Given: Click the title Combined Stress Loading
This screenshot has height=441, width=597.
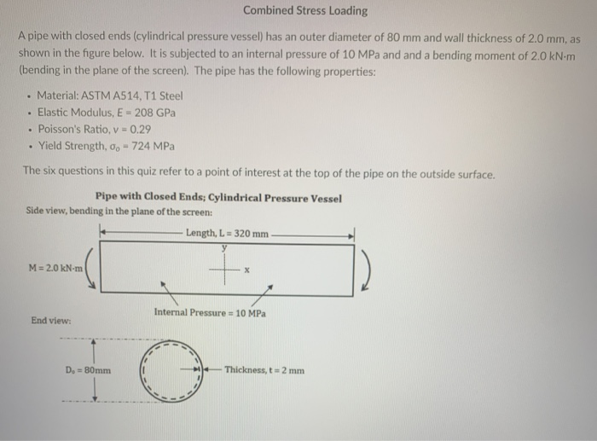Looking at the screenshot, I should (x=304, y=11).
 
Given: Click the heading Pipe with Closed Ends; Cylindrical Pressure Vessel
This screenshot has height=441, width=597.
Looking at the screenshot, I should (x=218, y=199).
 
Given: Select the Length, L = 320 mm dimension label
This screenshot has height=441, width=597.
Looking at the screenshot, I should (x=227, y=234).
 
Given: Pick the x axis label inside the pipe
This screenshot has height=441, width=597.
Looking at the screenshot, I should (x=246, y=274).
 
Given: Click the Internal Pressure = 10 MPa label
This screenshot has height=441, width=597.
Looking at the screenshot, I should (x=210, y=313).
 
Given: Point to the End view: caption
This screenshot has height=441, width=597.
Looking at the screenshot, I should (x=49, y=322).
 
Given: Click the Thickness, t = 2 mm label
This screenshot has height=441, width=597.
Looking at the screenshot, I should (x=264, y=370).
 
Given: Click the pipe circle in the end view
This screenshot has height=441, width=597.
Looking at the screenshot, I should (x=175, y=371).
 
